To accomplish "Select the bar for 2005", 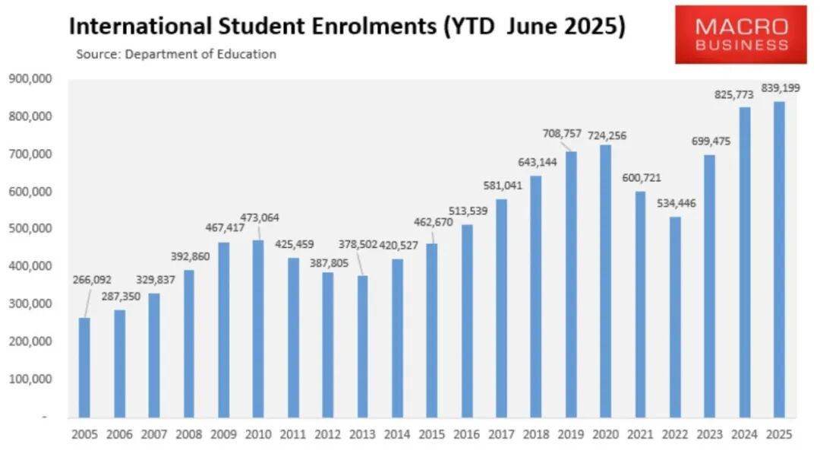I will click(x=84, y=367).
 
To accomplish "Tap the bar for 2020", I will click(x=605, y=281).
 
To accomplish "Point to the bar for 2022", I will click(x=675, y=317).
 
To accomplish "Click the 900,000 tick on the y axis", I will click(x=30, y=79).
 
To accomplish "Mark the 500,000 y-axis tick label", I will click(x=30, y=229).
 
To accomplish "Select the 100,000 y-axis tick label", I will click(x=30, y=379).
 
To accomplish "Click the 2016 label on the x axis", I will click(x=467, y=435).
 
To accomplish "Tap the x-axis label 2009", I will click(x=223, y=435).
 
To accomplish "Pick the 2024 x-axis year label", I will click(x=745, y=435).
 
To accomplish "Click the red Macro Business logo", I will click(x=740, y=35).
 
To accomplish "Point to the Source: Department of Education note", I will click(x=176, y=54).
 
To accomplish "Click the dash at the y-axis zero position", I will click(x=44, y=417).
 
